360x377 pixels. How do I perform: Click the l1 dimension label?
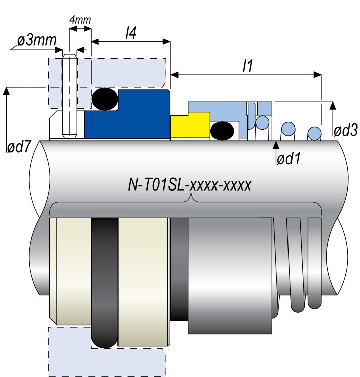(x=247, y=67)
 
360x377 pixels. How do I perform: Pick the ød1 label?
(x=290, y=159)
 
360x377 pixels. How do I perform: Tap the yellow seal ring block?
(x=190, y=125)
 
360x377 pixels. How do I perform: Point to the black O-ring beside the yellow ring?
(x=222, y=131)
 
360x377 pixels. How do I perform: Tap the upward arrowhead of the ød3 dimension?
(x=332, y=105)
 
